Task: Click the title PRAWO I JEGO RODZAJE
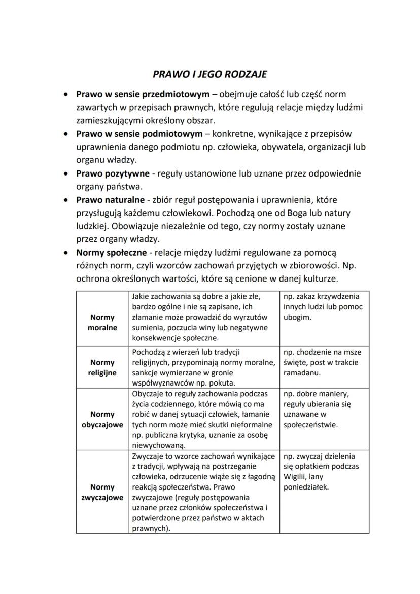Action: (x=209, y=74)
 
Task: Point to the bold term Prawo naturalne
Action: (x=110, y=200)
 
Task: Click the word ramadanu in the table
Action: (x=301, y=373)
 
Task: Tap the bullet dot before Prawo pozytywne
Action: (x=66, y=174)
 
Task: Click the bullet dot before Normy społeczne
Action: (x=66, y=253)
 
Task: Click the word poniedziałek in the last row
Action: (x=306, y=487)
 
